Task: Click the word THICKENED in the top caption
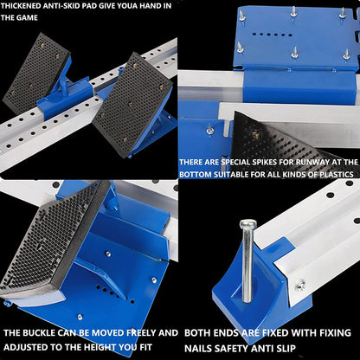[21, 6]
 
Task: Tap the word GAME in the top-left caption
[29, 17]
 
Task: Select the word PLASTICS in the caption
[337, 175]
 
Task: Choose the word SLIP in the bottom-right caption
[286, 348]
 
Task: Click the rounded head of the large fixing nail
[248, 223]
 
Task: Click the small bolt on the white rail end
[301, 285]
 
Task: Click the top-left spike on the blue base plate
[241, 15]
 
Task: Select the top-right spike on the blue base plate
[343, 13]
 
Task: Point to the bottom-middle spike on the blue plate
[294, 53]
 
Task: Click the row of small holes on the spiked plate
[272, 35]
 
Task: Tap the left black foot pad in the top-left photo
[36, 74]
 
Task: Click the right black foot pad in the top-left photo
[132, 105]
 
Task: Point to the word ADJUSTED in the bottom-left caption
[22, 347]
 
